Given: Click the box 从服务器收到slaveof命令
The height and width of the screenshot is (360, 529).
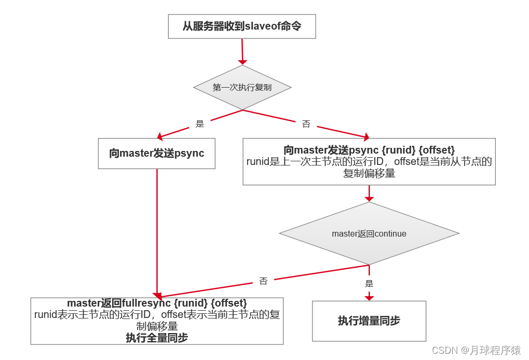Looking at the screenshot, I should coord(242,26).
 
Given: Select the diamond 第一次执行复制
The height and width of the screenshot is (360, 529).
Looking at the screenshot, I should coord(242,88).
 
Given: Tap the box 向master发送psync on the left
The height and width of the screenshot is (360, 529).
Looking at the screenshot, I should coord(156,154).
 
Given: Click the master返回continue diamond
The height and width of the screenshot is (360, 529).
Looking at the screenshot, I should coord(369,234).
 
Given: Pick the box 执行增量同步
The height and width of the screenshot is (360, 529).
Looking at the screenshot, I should coord(369,321).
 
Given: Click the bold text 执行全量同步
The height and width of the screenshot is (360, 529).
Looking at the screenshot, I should coord(156,338).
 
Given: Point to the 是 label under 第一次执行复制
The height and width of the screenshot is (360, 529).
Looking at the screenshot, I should coord(200,124).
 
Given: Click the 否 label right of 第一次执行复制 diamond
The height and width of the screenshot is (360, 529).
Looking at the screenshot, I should coord(306,124).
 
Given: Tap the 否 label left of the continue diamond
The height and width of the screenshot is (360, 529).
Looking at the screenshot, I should coord(263,281).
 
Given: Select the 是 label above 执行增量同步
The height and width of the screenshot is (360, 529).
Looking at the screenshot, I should coord(369,284).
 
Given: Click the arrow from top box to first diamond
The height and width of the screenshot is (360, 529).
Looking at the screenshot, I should coord(242,51).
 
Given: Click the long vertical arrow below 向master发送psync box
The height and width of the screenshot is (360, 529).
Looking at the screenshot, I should coord(157,233).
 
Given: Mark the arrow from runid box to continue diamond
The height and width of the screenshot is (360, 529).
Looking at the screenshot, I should coord(369,193).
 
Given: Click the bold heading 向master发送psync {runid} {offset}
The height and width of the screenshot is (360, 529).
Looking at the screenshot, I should coord(369,150).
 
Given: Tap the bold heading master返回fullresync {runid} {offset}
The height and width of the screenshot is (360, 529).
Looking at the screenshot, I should coord(156,302).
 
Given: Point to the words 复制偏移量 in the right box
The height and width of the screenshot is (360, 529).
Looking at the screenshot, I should coord(369,174).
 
